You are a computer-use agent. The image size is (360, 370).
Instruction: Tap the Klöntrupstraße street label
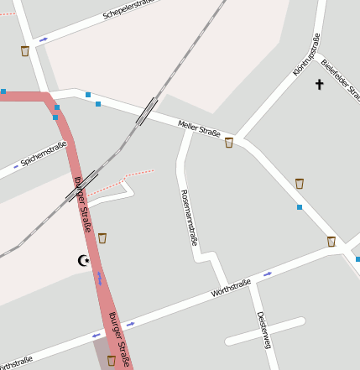307,55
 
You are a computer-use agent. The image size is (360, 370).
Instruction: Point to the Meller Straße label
199,128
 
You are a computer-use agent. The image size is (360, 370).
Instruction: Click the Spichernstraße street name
44,154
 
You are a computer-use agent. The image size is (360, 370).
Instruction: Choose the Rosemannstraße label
189,216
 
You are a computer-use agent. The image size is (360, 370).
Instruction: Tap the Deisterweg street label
263,330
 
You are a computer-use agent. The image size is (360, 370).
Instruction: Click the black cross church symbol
319,84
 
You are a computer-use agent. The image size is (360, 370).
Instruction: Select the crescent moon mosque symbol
83,261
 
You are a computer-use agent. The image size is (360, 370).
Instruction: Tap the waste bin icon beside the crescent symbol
102,238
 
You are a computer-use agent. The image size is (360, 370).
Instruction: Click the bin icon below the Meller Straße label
229,143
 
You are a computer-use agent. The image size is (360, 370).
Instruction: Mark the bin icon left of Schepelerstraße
25,51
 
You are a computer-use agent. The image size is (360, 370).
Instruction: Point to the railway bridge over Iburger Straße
81,186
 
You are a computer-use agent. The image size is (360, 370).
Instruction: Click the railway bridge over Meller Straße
147,111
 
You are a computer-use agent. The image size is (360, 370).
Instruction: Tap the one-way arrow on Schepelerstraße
44,39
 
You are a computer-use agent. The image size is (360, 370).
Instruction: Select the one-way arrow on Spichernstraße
16,167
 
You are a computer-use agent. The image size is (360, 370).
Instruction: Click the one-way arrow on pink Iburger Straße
100,277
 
